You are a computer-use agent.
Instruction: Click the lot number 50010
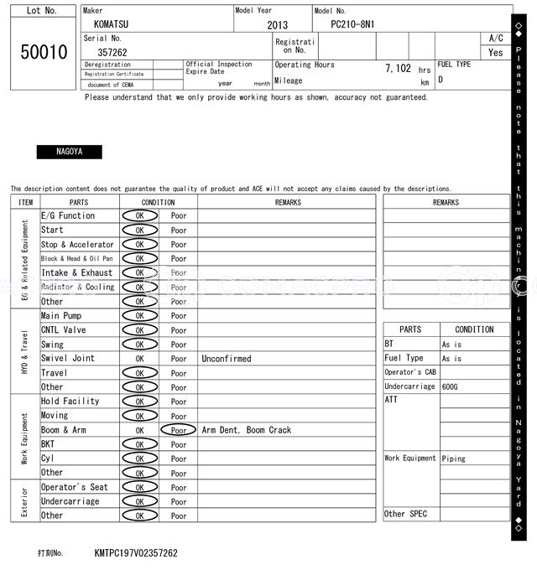pos(44,53)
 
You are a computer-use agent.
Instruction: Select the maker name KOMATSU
pos(111,25)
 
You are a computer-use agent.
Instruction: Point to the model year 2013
pos(277,26)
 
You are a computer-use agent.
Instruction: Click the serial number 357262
pos(112,52)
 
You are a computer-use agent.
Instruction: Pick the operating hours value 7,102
pos(398,69)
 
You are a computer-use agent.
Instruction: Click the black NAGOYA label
pos(69,153)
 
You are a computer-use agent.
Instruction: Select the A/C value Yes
pos(496,52)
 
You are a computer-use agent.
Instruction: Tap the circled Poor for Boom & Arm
pos(179,430)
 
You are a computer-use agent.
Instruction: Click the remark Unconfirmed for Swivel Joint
pos(226,359)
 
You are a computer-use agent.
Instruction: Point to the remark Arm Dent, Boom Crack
pos(246,430)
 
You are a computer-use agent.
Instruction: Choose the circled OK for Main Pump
pos(139,316)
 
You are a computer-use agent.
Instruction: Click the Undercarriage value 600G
pos(451,386)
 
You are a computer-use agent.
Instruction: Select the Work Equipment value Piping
pos(454,459)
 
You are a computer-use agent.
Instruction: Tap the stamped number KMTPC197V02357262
pos(136,553)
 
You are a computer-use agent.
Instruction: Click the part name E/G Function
pos(68,215)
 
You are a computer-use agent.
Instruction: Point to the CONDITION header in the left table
pos(158,202)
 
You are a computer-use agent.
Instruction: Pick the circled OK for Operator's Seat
pos(139,487)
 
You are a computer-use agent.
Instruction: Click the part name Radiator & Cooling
pos(77,287)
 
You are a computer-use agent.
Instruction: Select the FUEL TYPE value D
pos(441,80)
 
